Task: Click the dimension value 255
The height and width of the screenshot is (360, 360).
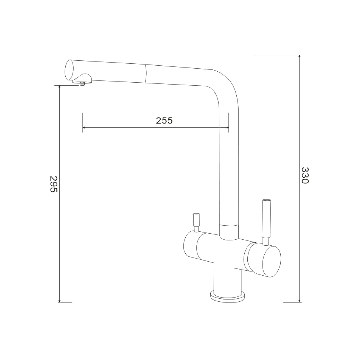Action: tap(164, 121)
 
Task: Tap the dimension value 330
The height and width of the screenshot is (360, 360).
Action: tap(305, 175)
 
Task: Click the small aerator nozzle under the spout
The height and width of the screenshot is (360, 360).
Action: tap(82, 84)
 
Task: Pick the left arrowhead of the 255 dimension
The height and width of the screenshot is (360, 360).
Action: tap(84, 127)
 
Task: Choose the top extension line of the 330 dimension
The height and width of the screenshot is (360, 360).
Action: tap(277, 55)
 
